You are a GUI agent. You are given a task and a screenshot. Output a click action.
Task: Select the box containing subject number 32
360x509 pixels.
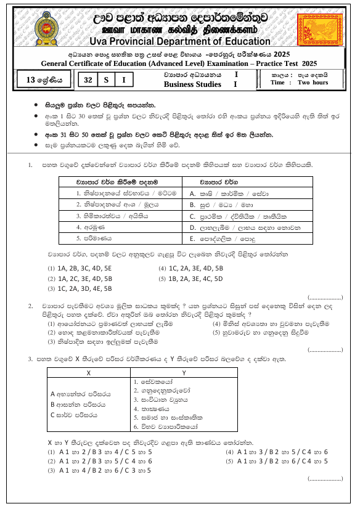pos(88,79)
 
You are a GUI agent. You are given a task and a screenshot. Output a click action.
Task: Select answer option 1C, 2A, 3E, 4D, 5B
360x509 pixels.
pos(190,269)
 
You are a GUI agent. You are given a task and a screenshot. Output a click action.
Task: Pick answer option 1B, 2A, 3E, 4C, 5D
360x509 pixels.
pos(190,279)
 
